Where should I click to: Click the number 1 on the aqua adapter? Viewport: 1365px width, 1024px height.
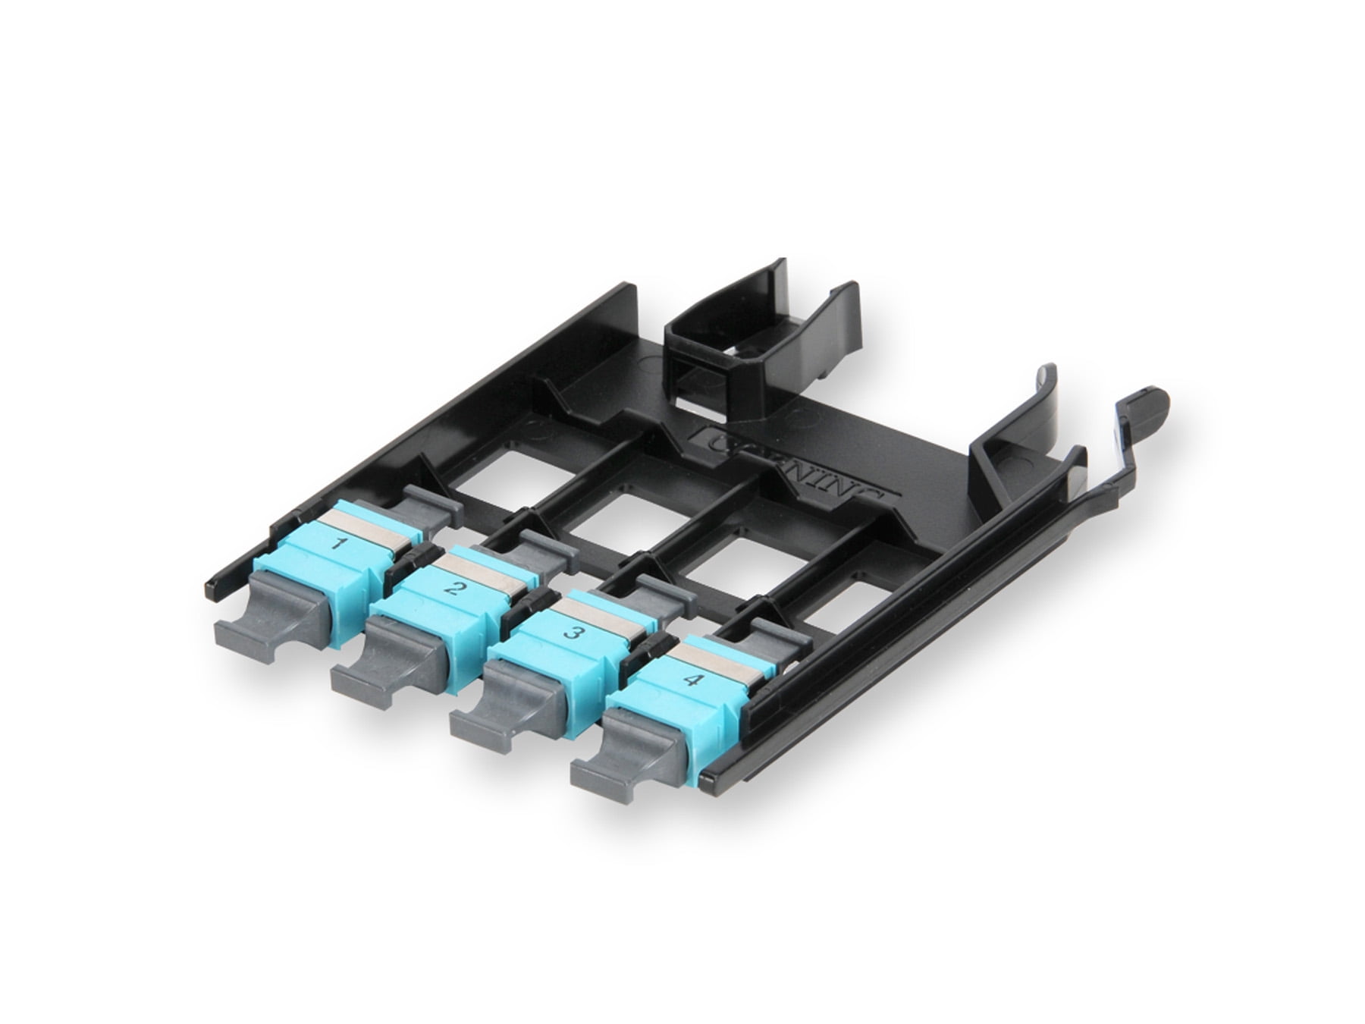pyautogui.click(x=341, y=543)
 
